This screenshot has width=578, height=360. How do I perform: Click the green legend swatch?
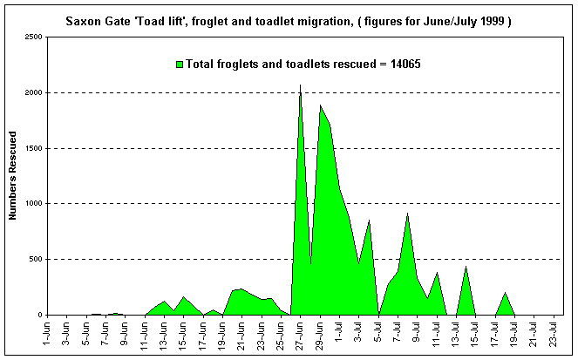click(180, 64)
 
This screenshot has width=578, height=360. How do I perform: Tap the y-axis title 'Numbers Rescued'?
click(14, 175)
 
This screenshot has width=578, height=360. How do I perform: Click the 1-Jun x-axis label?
click(48, 335)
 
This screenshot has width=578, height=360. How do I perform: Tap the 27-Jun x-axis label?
click(300, 335)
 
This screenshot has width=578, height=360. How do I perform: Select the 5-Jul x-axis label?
click(378, 335)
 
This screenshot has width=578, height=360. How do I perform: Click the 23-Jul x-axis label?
click(553, 335)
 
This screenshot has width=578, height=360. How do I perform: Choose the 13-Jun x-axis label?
click(164, 335)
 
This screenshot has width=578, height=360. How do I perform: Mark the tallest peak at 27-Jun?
click(301, 85)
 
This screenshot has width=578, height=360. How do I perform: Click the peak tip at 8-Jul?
click(407, 214)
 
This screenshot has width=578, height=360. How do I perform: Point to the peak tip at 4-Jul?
click(369, 221)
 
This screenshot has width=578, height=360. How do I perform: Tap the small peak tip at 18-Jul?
click(505, 293)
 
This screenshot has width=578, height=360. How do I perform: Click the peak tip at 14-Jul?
click(466, 267)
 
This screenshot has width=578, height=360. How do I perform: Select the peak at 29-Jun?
click(320, 105)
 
